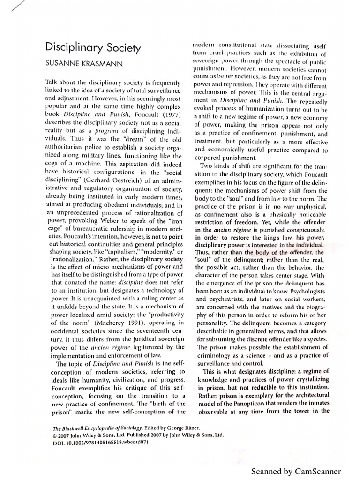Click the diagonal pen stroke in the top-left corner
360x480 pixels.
click(8, 6)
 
